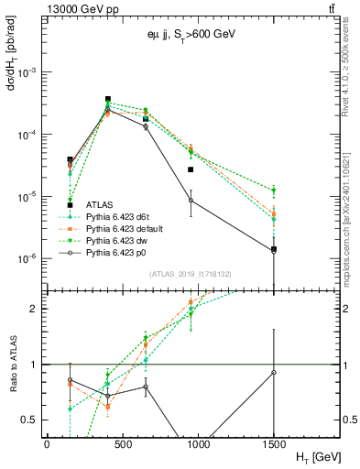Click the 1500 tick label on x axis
click(x=273, y=444)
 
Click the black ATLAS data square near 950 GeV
click(x=191, y=169)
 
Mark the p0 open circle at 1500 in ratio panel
click(x=274, y=372)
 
